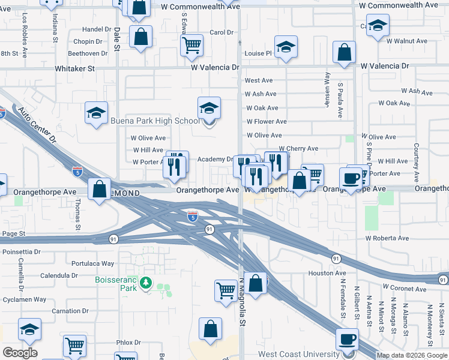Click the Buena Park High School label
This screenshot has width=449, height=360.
click(x=155, y=121)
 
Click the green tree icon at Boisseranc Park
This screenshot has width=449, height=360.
click(x=145, y=282)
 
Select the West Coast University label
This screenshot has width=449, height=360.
click(x=299, y=354)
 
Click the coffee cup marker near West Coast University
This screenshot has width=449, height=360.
click(x=347, y=339)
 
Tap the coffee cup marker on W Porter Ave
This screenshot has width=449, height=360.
click(x=351, y=178)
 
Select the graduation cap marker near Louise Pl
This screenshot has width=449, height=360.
click(x=286, y=47)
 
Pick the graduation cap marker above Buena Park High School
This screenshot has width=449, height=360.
click(x=209, y=108)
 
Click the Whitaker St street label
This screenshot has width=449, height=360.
click(x=75, y=69)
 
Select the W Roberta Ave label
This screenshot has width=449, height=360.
click(x=388, y=238)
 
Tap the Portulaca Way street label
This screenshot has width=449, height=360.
click(x=92, y=263)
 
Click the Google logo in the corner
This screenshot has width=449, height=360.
click(x=20, y=353)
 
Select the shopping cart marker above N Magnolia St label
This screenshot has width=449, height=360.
click(x=226, y=290)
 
